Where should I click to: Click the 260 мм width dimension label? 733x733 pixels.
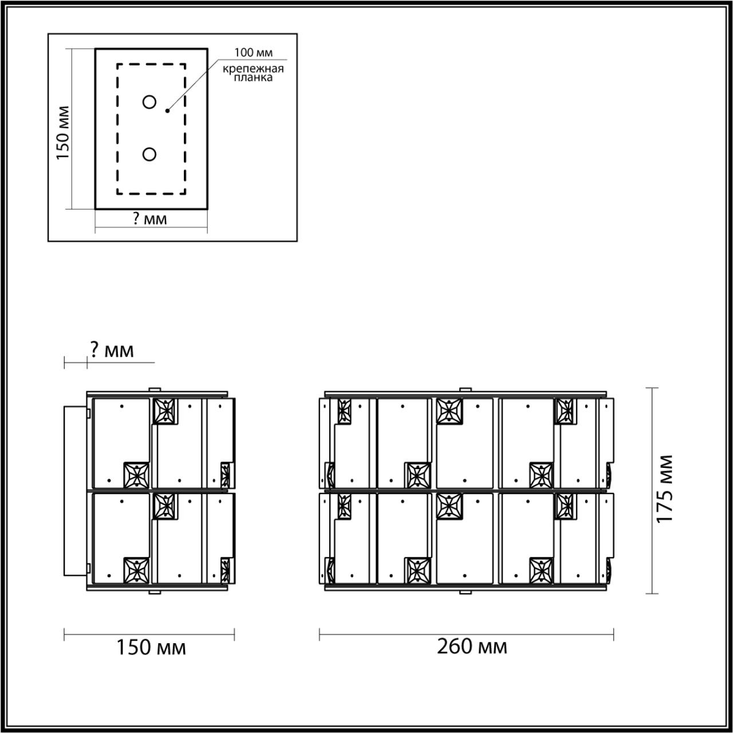pos(472,647)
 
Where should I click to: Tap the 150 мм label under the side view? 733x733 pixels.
pos(151,648)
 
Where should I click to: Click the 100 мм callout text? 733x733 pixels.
pos(253,53)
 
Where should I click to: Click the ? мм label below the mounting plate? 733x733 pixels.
pos(150,219)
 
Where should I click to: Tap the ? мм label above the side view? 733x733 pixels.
pos(112,349)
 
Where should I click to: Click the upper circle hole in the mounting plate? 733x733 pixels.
pos(149,103)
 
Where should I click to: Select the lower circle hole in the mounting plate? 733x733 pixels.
pos(149,154)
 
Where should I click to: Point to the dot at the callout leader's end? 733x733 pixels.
pos(167,110)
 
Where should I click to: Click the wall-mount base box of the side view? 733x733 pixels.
pos(76,490)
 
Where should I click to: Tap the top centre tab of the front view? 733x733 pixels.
pos(465,390)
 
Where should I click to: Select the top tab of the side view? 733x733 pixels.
pos(155,390)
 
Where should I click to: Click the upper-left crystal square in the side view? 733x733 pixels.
pos(165,410)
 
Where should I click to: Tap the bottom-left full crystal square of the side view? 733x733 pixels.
pos(137,569)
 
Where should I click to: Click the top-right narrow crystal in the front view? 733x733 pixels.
pos(565,411)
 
